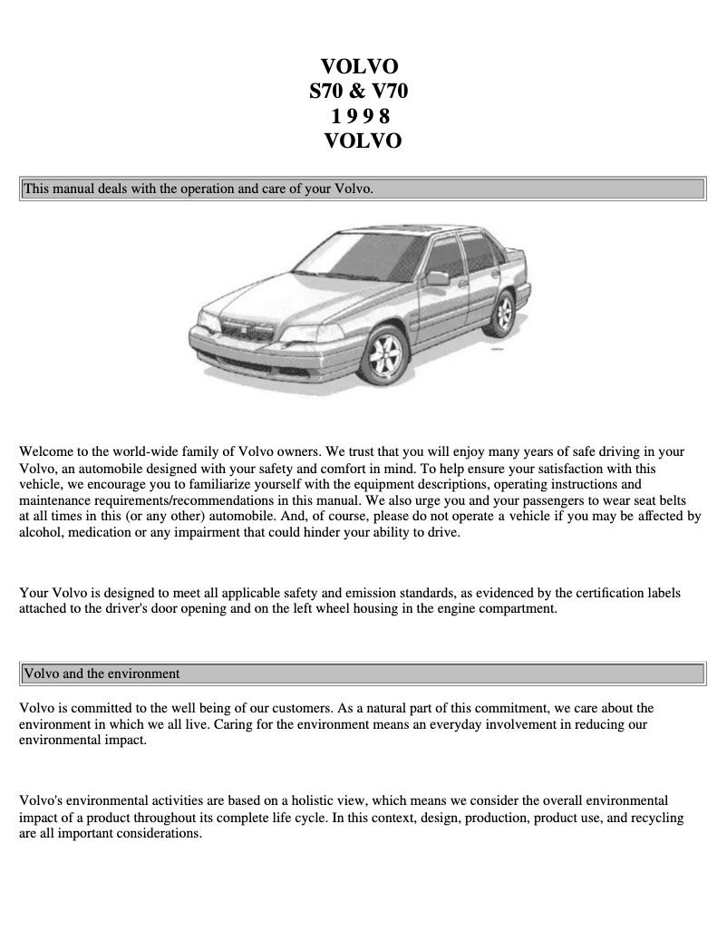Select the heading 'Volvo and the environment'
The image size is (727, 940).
pos(102,674)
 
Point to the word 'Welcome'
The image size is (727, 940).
pos(47,451)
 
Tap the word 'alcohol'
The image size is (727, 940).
pos(41,533)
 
